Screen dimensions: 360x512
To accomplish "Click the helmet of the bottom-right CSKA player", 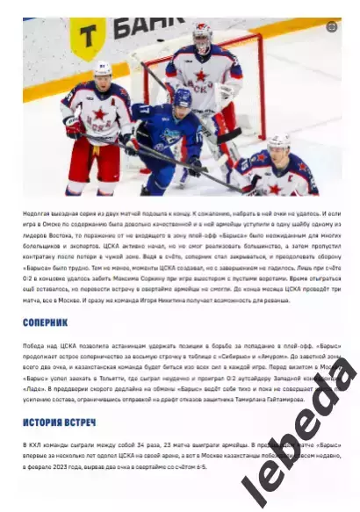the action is [279, 142].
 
